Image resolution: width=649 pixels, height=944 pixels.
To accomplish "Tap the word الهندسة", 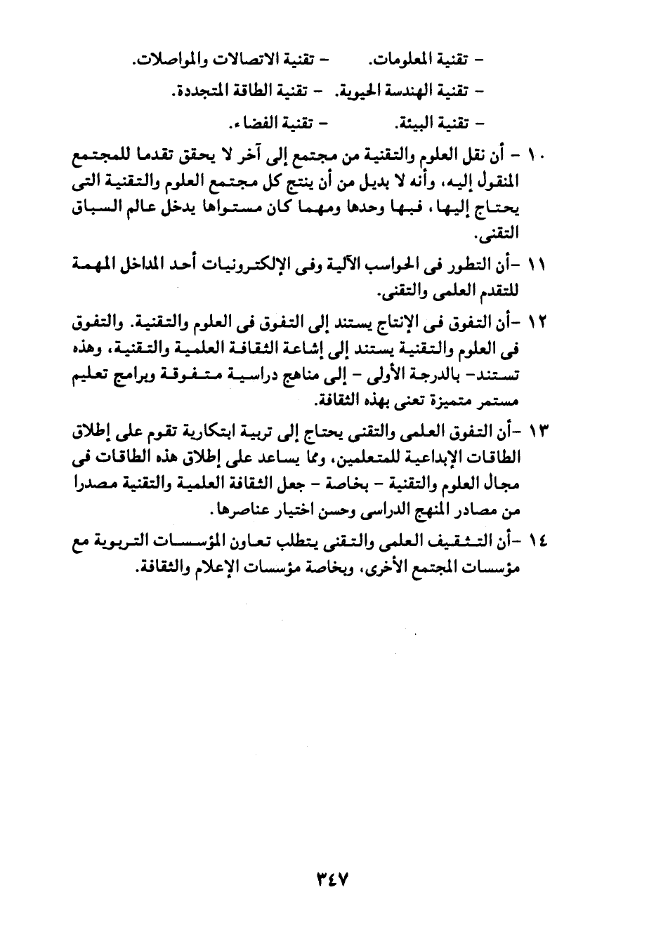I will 402,91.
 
